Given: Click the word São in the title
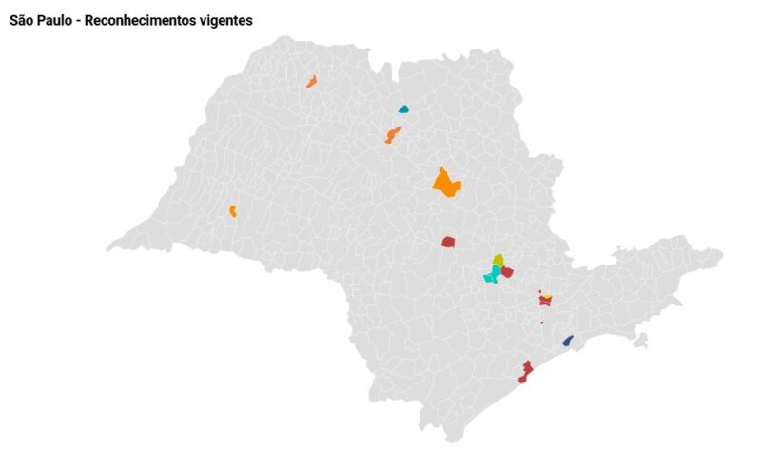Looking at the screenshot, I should [24, 20].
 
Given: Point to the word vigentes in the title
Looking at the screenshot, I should [228, 20].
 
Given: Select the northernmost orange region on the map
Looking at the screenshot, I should [311, 82].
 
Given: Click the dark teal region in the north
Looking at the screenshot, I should [403, 109].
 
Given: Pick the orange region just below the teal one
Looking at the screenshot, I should [393, 134].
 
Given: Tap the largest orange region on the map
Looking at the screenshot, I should [445, 182].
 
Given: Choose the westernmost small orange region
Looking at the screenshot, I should [232, 210].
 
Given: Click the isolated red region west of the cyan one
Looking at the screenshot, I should [448, 242].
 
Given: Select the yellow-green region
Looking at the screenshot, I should [498, 259].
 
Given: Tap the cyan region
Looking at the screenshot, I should [492, 275].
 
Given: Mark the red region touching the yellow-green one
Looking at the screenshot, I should [507, 272].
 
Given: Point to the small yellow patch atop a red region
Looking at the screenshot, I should [548, 297].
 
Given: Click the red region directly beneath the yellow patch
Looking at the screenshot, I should [545, 302].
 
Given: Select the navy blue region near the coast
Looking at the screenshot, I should [568, 341].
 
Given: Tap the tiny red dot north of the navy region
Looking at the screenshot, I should [542, 322].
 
